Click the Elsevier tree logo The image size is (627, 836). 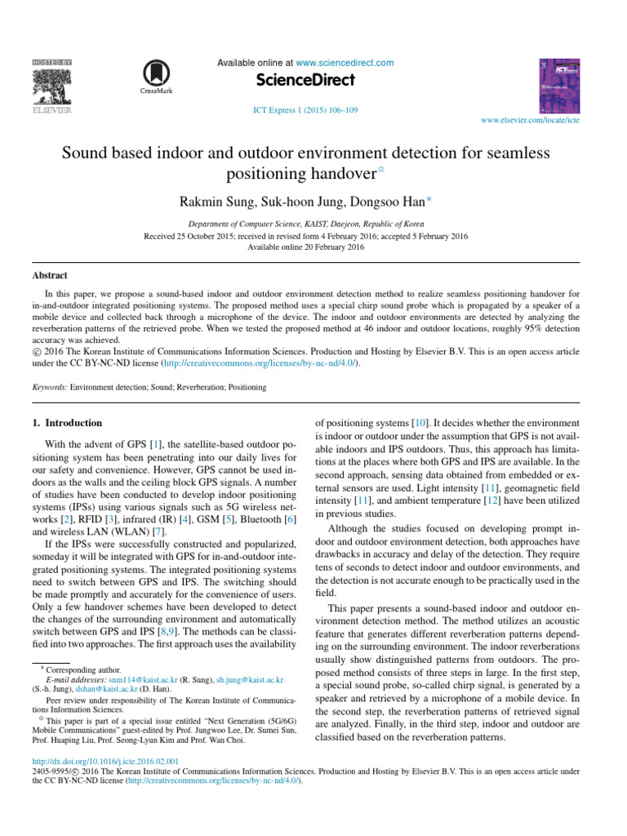51,85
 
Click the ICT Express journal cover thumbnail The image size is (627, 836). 559,84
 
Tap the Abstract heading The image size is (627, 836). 50,276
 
